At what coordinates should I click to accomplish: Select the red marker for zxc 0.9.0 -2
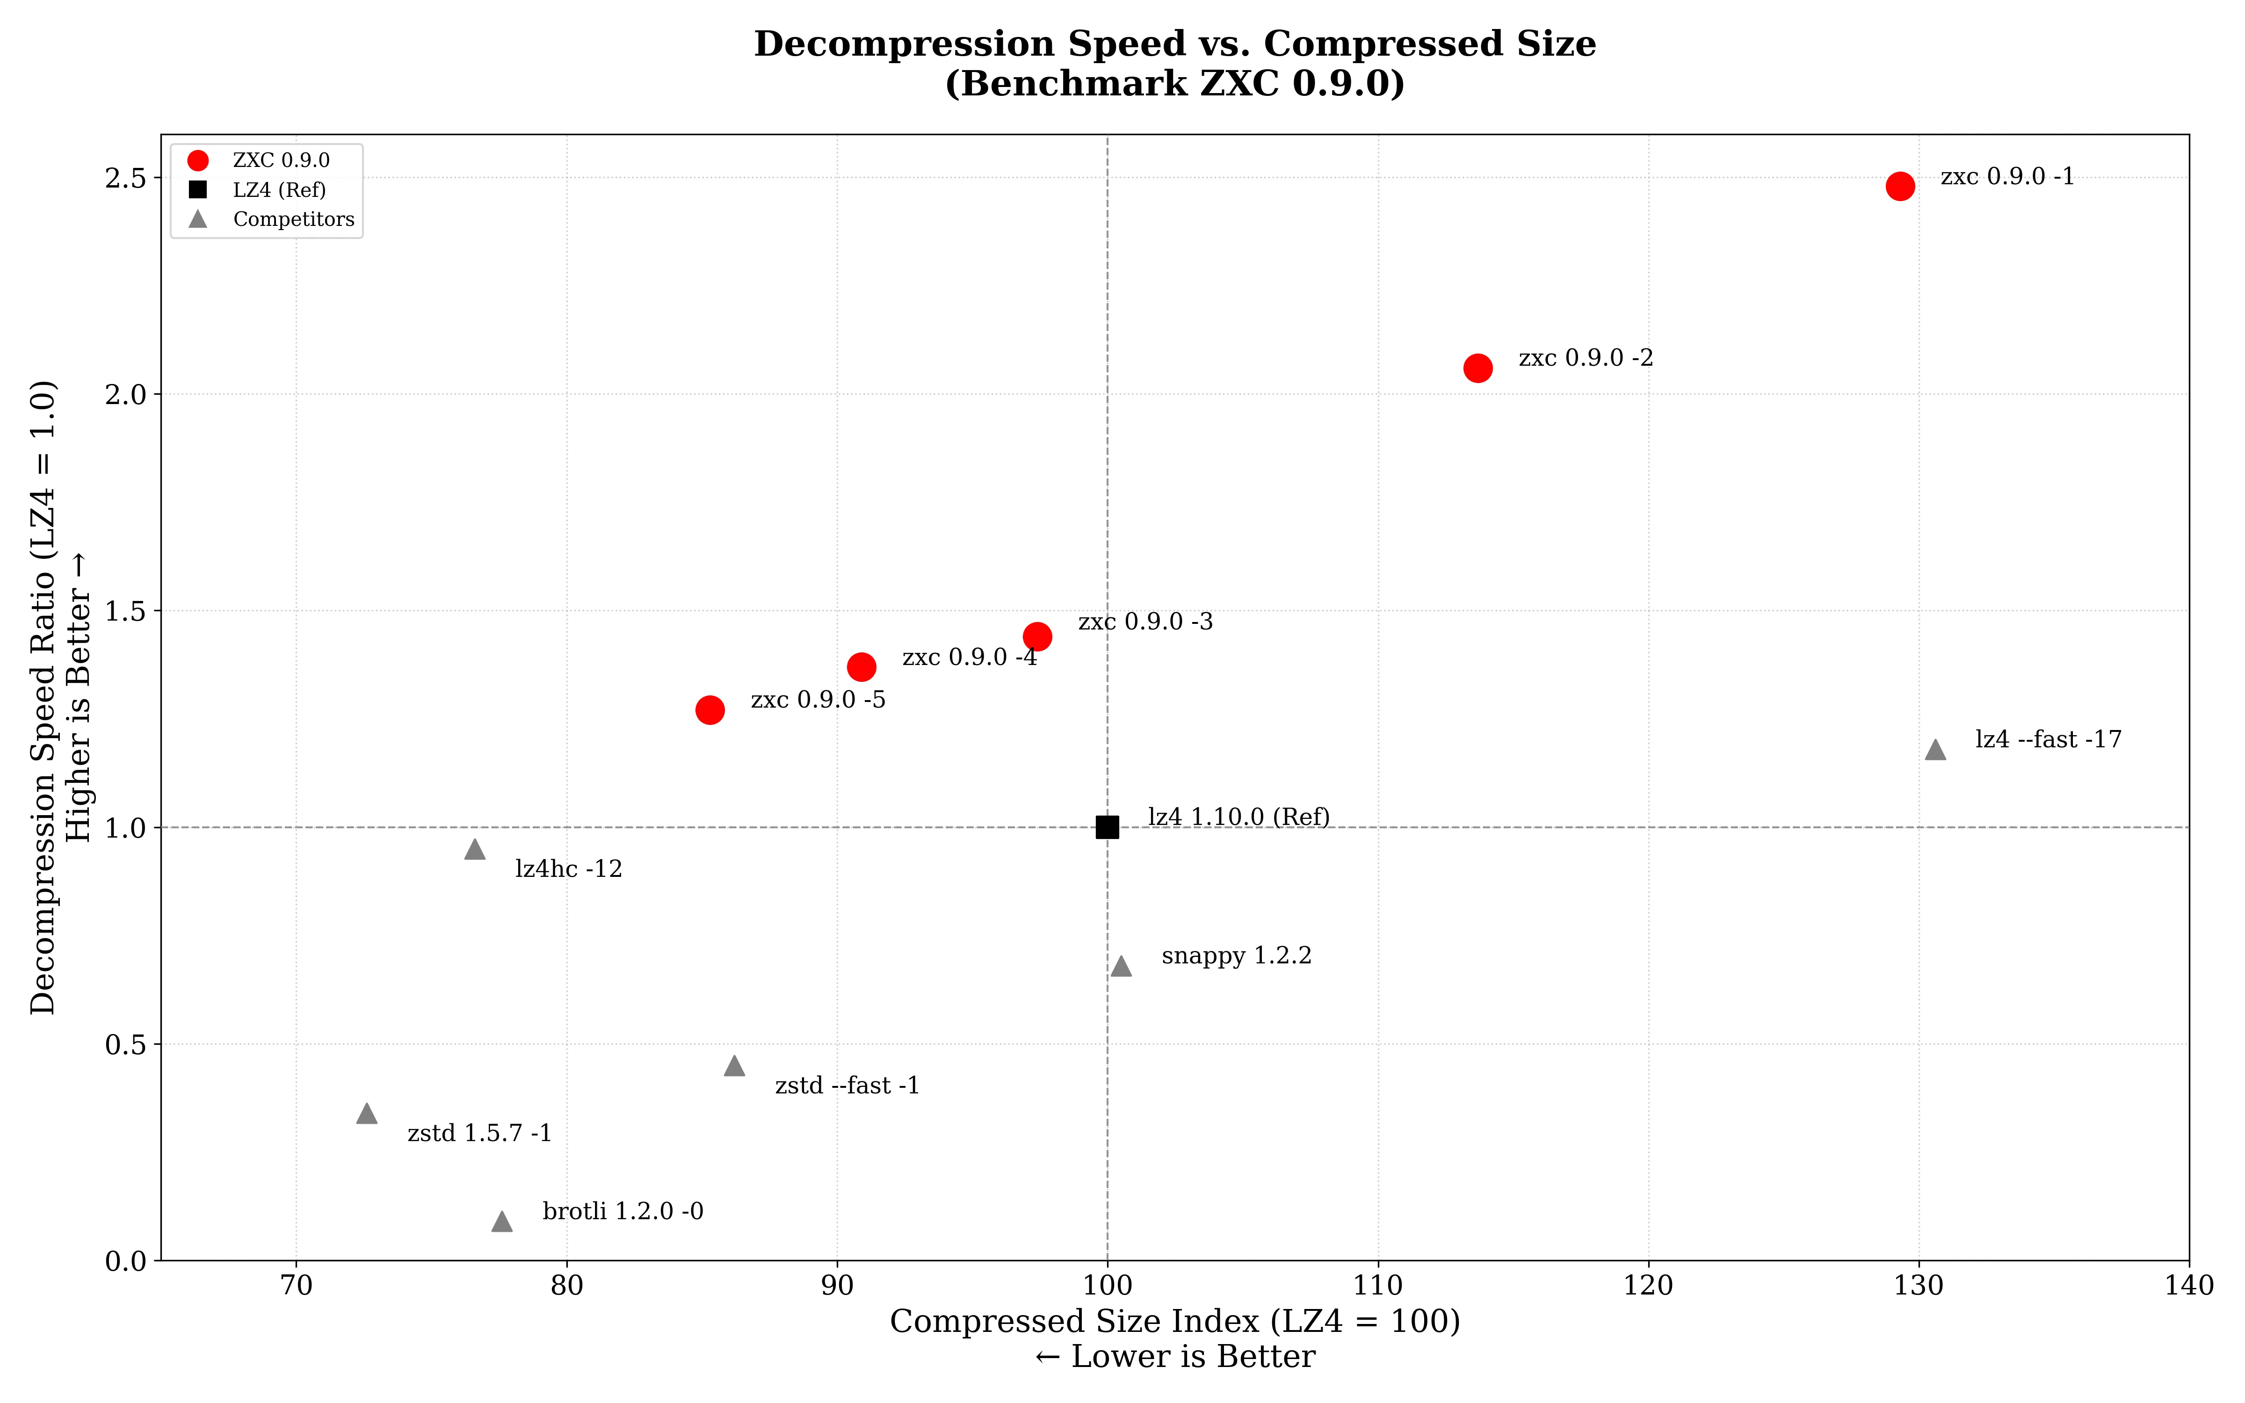pyautogui.click(x=1478, y=369)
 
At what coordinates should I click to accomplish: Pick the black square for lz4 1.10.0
pyautogui.click(x=1107, y=827)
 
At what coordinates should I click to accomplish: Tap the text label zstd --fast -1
pyautogui.click(x=847, y=1085)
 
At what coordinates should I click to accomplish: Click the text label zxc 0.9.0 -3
pyautogui.click(x=1145, y=622)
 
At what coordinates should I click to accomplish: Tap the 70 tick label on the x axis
pyautogui.click(x=296, y=1286)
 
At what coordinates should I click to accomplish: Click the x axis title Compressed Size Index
pyautogui.click(x=1174, y=1321)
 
